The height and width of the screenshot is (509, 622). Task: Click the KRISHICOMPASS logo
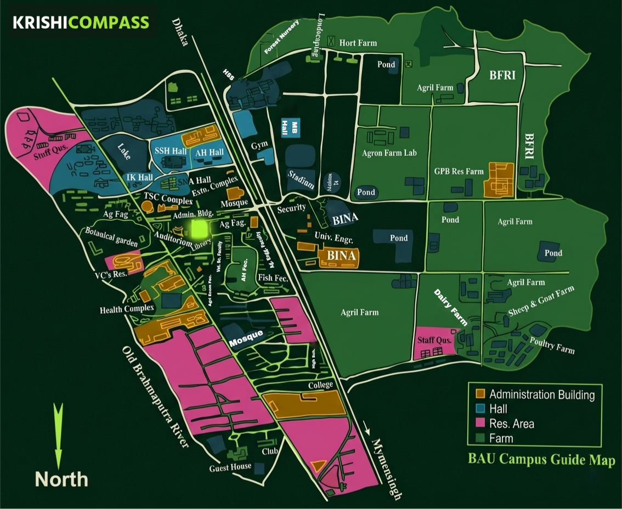(81, 22)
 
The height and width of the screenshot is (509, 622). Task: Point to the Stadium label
(301, 180)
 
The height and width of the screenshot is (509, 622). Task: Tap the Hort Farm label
(358, 43)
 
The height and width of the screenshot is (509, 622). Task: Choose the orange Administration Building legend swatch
(479, 394)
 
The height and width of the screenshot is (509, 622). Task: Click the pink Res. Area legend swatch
(479, 423)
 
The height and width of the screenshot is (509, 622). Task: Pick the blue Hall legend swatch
(479, 409)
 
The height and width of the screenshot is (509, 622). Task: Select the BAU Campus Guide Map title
(541, 460)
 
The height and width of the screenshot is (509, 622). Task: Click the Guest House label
(230, 467)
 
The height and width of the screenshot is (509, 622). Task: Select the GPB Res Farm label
(459, 171)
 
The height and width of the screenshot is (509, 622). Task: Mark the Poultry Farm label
(552, 344)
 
